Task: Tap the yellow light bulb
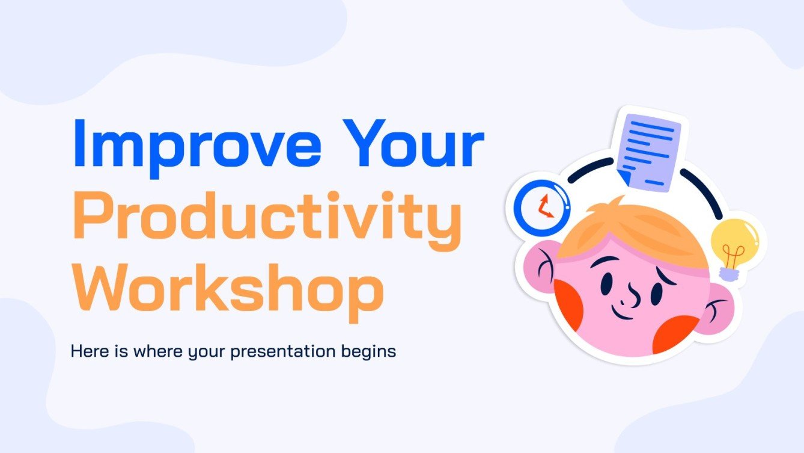pyautogui.click(x=735, y=244)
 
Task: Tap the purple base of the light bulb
pyautogui.click(x=728, y=274)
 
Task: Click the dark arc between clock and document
pyautogui.click(x=589, y=170)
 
